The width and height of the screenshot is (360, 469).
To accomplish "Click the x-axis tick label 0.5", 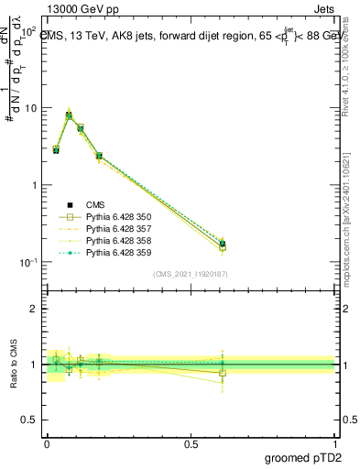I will pos(191,442).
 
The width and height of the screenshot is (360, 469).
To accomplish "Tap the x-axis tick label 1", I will pos(336,442).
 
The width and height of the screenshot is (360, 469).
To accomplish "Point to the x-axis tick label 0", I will pos(48,442).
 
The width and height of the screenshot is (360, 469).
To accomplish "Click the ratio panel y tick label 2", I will pos(34,310).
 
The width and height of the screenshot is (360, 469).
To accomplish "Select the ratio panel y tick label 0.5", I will pos(30,420).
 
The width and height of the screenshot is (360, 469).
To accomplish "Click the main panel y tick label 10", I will pos(29,108).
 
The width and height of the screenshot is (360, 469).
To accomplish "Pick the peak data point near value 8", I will pos(69,115).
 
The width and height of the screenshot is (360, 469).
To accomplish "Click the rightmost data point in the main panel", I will pos(223,244).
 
